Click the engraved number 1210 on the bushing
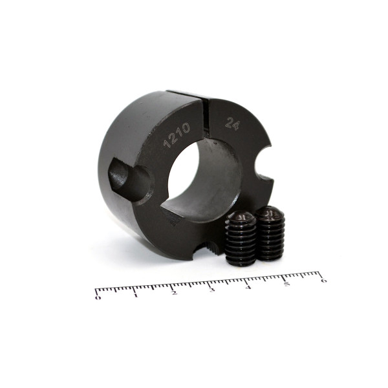pyautogui.click(x=177, y=135)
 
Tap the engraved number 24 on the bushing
pyautogui.click(x=233, y=124)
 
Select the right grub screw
pyautogui.click(x=270, y=233)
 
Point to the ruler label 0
pyautogui.click(x=98, y=297)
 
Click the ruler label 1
pyautogui.click(x=135, y=296)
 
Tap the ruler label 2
pyautogui.click(x=174, y=293)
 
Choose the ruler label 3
pyautogui.click(x=211, y=290)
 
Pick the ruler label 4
pyautogui.click(x=248, y=287)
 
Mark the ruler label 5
pyautogui.click(x=286, y=284)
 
